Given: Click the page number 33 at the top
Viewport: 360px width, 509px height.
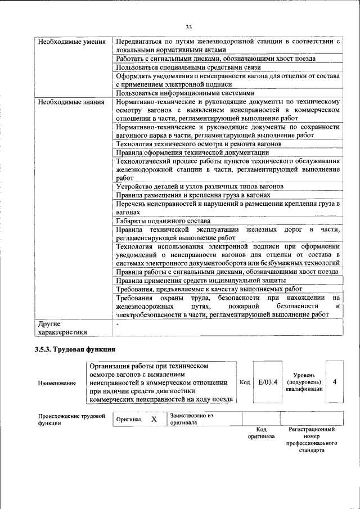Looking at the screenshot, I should [x=188, y=26].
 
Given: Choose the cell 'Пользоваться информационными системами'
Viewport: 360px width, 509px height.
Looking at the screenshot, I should [x=185, y=93].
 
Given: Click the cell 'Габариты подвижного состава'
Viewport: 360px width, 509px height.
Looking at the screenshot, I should [x=163, y=220].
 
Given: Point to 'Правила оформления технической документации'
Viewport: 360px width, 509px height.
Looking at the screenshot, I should [x=192, y=152].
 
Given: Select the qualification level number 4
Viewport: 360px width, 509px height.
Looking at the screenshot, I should [x=335, y=382].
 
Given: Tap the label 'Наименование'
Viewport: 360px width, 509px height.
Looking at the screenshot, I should [x=57, y=383].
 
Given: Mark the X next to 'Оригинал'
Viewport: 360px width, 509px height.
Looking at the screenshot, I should [x=154, y=420].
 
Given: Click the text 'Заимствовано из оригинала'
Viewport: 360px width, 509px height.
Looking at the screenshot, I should [x=192, y=419].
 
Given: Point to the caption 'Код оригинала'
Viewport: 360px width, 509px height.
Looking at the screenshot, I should [x=261, y=433].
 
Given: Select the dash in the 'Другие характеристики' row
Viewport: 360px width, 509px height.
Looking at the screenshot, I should [x=117, y=325].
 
